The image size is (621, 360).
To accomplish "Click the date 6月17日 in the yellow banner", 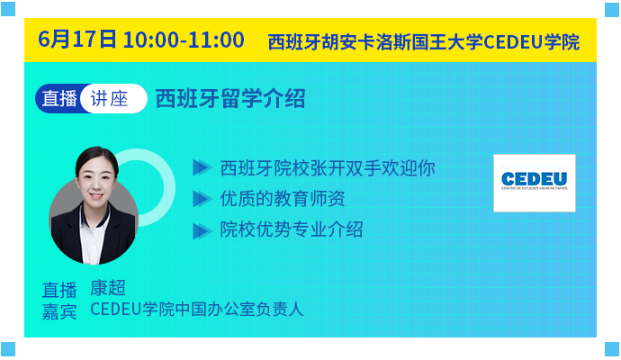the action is [77, 40].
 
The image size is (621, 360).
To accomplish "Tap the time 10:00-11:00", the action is [184, 40].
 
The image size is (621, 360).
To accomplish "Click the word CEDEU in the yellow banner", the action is [513, 42].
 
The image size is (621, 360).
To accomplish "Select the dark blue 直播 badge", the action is [58, 99].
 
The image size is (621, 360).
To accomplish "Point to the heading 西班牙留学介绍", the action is [230, 99].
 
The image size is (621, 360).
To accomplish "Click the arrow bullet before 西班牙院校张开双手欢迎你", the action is [202, 167].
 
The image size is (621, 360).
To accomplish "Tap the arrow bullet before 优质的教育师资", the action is [202, 199].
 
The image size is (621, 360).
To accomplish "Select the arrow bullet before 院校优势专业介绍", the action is [202, 231].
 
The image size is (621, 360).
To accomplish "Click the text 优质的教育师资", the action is [283, 198].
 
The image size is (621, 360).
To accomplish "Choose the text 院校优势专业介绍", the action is [292, 229].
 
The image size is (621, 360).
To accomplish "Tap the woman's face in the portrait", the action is [96, 179].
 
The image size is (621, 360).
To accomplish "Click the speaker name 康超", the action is [108, 288].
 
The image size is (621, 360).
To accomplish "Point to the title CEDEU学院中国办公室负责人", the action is [197, 310].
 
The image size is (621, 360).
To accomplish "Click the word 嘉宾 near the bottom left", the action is [59, 311].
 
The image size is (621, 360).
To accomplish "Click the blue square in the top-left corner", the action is [8, 9].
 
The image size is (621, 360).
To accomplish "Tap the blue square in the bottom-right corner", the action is [612, 349].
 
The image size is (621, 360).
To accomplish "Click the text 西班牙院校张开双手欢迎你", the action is [328, 168].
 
